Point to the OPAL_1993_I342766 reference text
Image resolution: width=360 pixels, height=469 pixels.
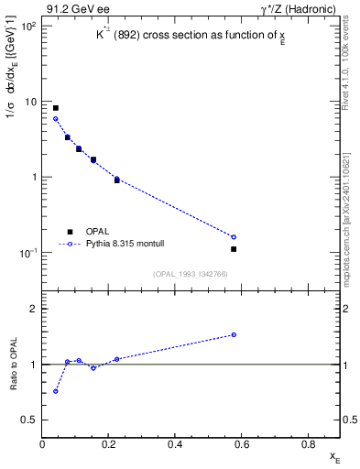click(x=191, y=274)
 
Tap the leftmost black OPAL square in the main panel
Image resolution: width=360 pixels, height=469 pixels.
click(x=56, y=108)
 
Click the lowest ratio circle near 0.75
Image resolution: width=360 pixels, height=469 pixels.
click(x=56, y=391)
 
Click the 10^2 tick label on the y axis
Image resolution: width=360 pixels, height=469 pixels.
click(x=28, y=26)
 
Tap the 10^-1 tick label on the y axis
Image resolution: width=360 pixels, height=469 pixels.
click(x=27, y=253)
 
